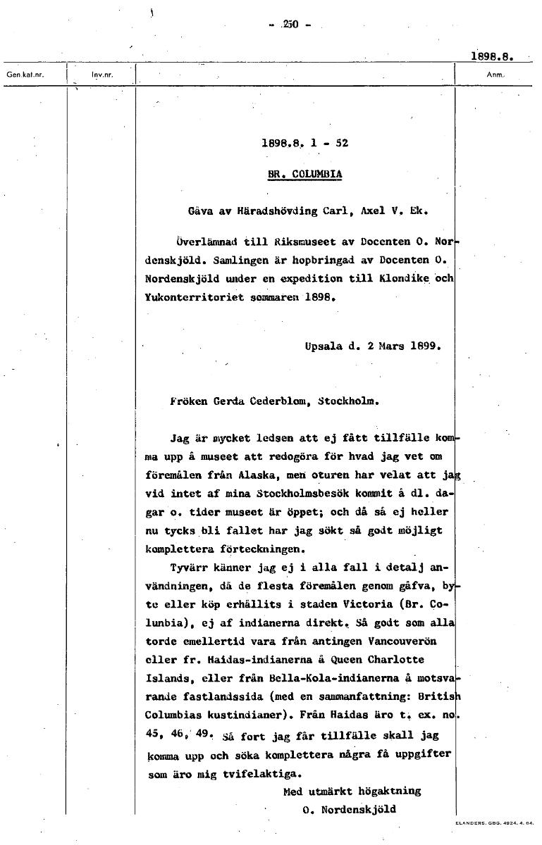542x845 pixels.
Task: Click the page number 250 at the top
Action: pyautogui.click(x=290, y=25)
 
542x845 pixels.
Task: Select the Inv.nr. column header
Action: pyautogui.click(x=102, y=73)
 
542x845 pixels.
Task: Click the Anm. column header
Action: pyautogui.click(x=495, y=73)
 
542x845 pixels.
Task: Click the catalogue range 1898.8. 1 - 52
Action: pyautogui.click(x=304, y=142)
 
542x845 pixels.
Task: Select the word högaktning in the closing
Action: pyautogui.click(x=390, y=791)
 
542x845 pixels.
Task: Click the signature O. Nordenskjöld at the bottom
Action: pyautogui.click(x=349, y=809)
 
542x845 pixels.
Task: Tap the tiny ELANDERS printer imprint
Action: pyautogui.click(x=495, y=822)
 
